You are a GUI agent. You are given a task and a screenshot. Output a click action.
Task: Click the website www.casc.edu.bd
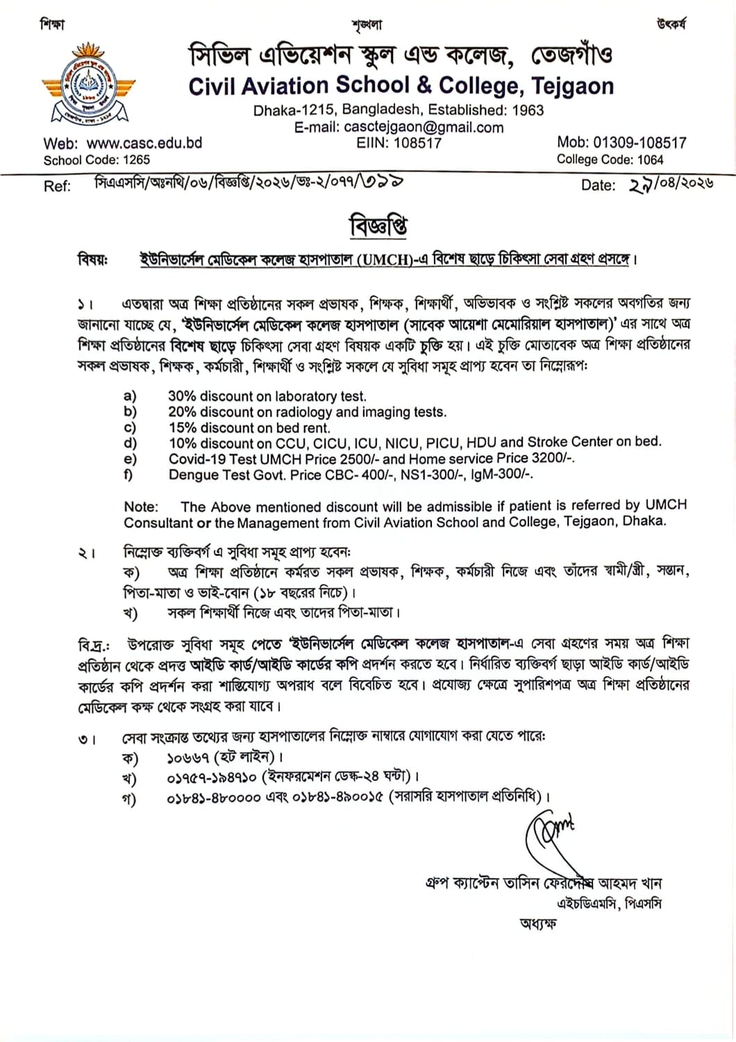[144, 143]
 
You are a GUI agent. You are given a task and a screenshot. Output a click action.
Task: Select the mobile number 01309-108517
[639, 142]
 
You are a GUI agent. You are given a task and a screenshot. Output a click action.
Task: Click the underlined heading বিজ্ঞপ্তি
[378, 226]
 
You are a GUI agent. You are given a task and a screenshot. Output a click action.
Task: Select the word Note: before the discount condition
[141, 507]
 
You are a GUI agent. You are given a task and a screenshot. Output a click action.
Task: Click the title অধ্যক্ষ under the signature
[537, 924]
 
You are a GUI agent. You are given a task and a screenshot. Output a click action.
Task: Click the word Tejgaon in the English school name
[573, 86]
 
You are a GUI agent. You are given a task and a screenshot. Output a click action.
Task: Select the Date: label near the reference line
[599, 185]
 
